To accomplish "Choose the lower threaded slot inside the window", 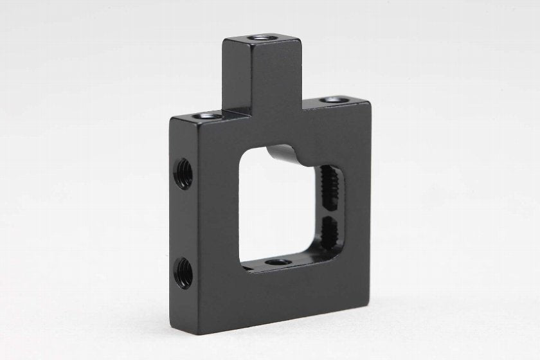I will click(x=331, y=235).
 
